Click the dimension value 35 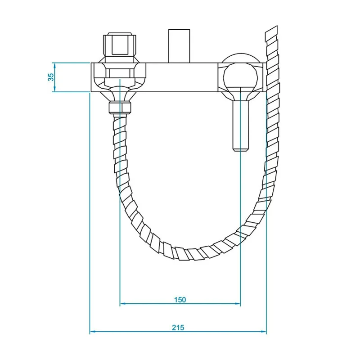(51, 77)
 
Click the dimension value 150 (179, 299)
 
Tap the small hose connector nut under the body (120, 108)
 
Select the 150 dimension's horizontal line (148, 304)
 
